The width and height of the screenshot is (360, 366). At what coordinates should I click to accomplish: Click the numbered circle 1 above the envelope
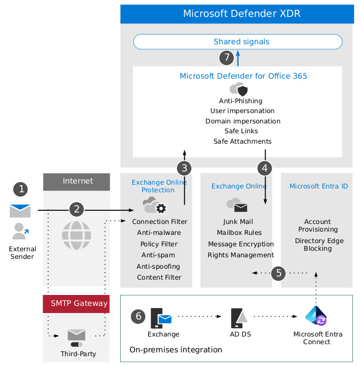[x=21, y=189]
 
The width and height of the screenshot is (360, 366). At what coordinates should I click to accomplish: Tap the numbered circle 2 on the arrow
[x=77, y=209]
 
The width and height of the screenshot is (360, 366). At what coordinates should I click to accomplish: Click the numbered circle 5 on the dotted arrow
[x=279, y=272]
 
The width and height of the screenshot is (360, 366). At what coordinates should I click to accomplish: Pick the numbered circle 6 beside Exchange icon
[x=139, y=316]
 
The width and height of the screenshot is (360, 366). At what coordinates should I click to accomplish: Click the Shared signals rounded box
[x=238, y=42]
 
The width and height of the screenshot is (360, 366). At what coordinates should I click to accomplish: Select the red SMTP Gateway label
[x=76, y=303]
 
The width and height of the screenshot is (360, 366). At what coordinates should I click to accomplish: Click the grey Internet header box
[x=76, y=181]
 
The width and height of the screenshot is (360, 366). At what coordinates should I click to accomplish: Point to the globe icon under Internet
[x=76, y=235]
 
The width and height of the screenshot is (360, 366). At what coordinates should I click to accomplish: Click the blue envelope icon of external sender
[x=20, y=210]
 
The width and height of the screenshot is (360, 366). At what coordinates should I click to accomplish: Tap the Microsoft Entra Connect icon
[x=316, y=316]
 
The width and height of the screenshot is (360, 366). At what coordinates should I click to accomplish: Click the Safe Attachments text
[x=242, y=141]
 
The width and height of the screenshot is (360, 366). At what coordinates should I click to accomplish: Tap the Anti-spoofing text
[x=158, y=267]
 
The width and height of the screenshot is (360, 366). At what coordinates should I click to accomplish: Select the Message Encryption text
[x=241, y=244]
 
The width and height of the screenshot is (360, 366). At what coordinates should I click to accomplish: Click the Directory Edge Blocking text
[x=317, y=245]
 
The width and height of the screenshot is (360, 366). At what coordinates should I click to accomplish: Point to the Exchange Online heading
[x=239, y=186]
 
